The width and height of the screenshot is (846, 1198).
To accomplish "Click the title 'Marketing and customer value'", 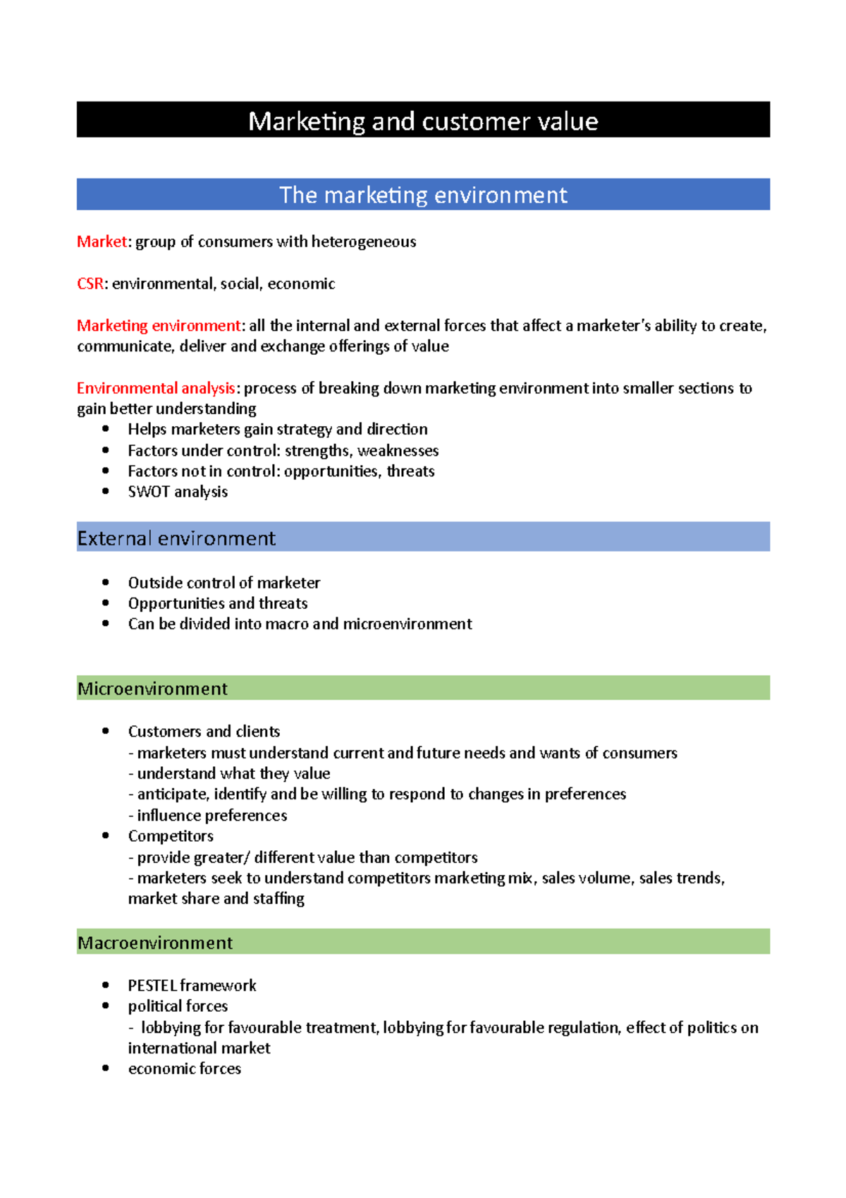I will pyautogui.click(x=423, y=121).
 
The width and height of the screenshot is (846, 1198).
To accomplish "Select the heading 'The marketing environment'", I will pyautogui.click(x=423, y=195).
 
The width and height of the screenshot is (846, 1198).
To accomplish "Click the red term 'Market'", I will pyautogui.click(x=102, y=242).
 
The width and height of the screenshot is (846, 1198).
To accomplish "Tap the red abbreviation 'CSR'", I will pyautogui.click(x=90, y=284).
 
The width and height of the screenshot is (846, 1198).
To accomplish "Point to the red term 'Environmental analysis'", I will pyautogui.click(x=155, y=388).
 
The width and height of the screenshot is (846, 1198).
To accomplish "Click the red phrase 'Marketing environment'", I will pyautogui.click(x=159, y=325).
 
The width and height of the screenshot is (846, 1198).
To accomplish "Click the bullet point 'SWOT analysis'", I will pyautogui.click(x=178, y=492).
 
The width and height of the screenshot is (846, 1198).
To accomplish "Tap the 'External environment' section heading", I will pyautogui.click(x=176, y=538).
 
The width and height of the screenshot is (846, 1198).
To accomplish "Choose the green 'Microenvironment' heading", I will pyautogui.click(x=152, y=689).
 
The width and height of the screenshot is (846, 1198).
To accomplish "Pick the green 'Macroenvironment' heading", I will pyautogui.click(x=155, y=943).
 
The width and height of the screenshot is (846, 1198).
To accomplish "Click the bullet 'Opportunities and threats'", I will pyautogui.click(x=218, y=603).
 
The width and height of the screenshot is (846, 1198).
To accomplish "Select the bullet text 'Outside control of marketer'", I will pyautogui.click(x=223, y=583).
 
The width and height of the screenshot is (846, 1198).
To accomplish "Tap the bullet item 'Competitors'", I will pyautogui.click(x=171, y=836).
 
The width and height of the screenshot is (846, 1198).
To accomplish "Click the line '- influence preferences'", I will pyautogui.click(x=208, y=816).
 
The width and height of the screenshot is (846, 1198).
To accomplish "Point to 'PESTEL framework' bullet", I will pyautogui.click(x=192, y=986).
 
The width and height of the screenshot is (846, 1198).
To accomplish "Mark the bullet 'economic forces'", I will pyautogui.click(x=184, y=1069).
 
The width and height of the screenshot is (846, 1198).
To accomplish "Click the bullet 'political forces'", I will pyautogui.click(x=178, y=1006).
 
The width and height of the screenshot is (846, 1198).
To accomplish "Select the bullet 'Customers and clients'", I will pyautogui.click(x=204, y=732).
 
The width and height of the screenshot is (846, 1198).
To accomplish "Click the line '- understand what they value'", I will pyautogui.click(x=229, y=774).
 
